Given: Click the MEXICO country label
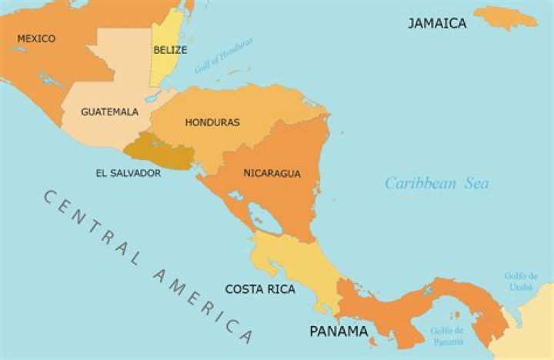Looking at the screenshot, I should [36, 38].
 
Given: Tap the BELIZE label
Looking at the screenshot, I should [170, 49].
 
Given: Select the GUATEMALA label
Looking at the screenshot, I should [110, 112].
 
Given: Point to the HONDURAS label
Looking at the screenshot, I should [212, 122].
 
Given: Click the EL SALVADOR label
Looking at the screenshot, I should [128, 173].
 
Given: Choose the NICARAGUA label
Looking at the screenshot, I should [272, 173].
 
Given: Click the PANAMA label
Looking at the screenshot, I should [339, 332].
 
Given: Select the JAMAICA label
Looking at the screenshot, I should [437, 23].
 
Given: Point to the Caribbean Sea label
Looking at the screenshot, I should [437, 183].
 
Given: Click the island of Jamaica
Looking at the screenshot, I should [506, 16].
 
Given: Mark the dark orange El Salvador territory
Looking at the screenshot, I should [158, 152].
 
